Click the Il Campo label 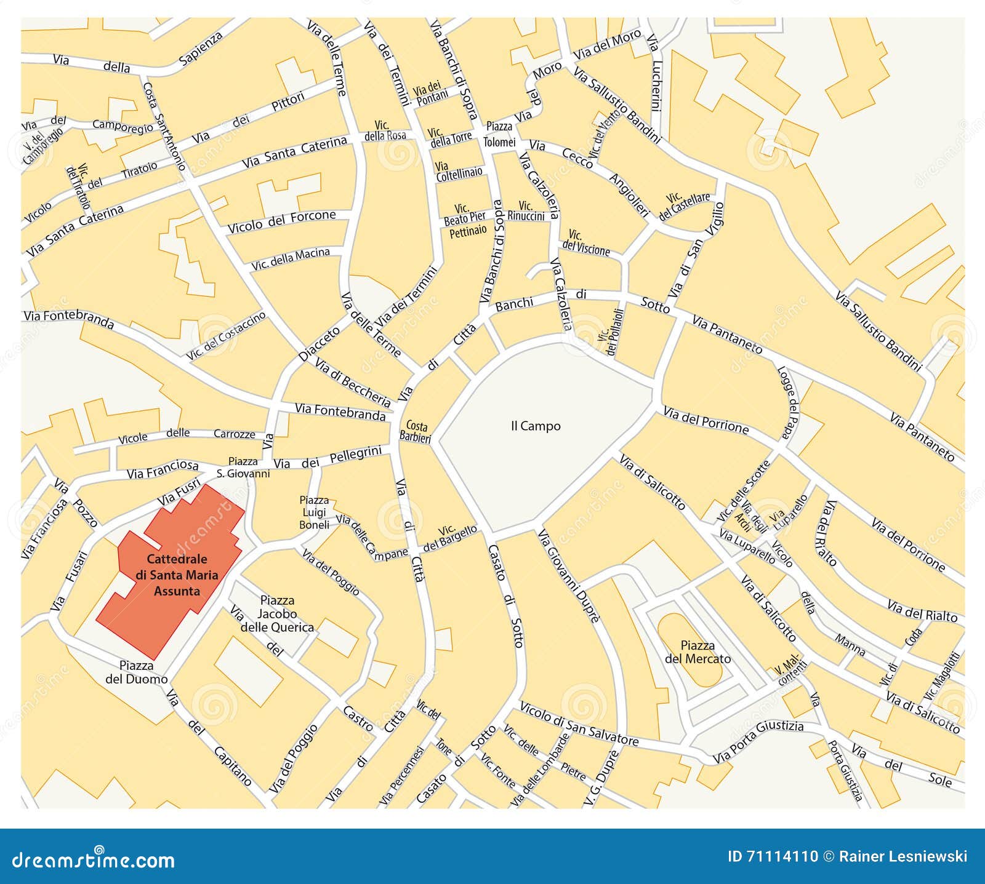pos(536,426)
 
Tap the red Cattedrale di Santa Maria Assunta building pos(177,575)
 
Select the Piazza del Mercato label pos(698,652)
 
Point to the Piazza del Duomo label pos(137,672)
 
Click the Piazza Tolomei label pos(499,134)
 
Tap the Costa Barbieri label pos(416,432)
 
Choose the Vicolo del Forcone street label pos(282,221)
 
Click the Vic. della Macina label pos(291,259)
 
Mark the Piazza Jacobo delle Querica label pos(277,613)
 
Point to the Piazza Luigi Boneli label pos(314,512)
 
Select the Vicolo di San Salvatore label pos(579,723)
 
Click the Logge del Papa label pos(787,403)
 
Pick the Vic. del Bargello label pos(449,538)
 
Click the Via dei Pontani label pos(431,93)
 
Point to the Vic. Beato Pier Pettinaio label pos(465,220)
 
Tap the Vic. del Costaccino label pos(226,335)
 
